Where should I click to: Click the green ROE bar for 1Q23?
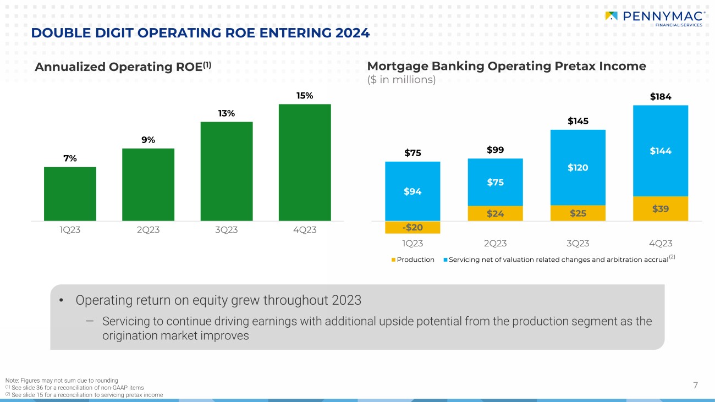pyautogui.click(x=70, y=194)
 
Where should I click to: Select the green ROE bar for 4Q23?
pyautogui.click(x=305, y=162)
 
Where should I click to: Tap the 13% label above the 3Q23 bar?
pyautogui.click(x=227, y=113)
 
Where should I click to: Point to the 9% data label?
pyautogui.click(x=148, y=140)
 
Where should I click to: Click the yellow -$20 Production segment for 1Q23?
pyautogui.click(x=413, y=227)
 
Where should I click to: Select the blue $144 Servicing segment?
pyautogui.click(x=660, y=151)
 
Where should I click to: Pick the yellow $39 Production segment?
pyautogui.click(x=660, y=208)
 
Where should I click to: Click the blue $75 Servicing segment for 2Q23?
pyautogui.click(x=495, y=182)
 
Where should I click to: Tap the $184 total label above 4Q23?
pyautogui.click(x=660, y=97)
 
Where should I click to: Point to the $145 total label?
pyautogui.click(x=578, y=120)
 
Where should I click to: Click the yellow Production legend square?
pyautogui.click(x=393, y=260)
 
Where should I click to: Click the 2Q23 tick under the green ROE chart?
pyautogui.click(x=148, y=230)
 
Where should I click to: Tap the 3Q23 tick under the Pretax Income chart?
pyautogui.click(x=577, y=243)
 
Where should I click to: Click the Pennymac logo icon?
pyautogui.click(x=610, y=16)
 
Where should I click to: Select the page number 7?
pyautogui.click(x=695, y=386)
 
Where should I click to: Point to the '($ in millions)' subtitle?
pyautogui.click(x=401, y=80)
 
